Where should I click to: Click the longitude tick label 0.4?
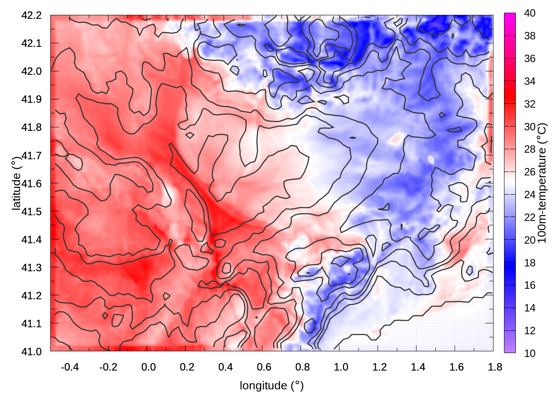click(225, 367)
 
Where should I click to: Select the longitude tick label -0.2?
click(108, 367)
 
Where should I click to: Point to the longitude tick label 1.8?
click(495, 367)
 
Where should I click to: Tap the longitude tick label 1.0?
click(341, 367)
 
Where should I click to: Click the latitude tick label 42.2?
click(31, 15)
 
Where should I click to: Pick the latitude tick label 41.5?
click(31, 211)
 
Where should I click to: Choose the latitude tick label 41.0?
click(31, 351)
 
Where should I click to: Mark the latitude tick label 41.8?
click(31, 127)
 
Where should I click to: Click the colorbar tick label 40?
click(530, 14)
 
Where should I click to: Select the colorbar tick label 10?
click(530, 353)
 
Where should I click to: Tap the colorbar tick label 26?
click(530, 172)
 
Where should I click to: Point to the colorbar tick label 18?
click(530, 262)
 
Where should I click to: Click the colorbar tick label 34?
click(530, 81)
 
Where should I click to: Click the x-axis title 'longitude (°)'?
click(272, 385)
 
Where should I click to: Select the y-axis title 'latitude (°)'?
click(17, 183)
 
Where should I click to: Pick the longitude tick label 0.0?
click(148, 367)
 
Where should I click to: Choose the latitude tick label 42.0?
click(31, 71)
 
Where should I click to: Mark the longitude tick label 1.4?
click(418, 367)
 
